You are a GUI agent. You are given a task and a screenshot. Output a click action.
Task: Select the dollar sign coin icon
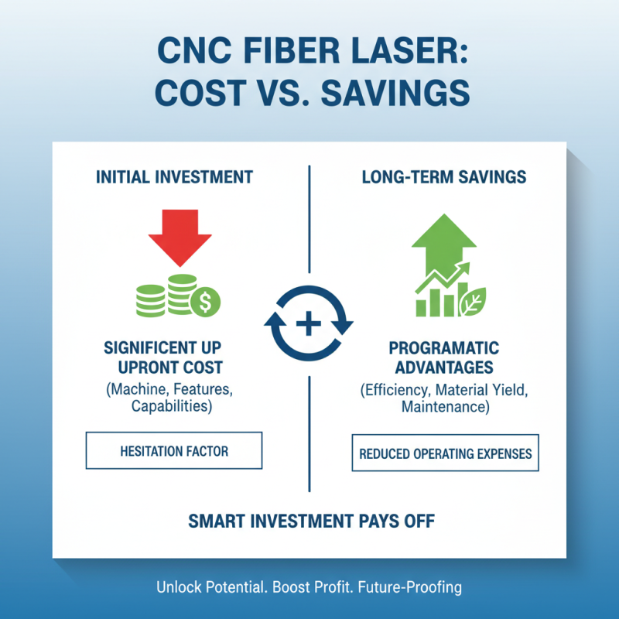(207, 302)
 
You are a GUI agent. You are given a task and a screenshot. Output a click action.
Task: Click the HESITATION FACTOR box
(174, 450)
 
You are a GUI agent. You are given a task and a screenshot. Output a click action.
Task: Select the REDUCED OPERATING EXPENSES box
(446, 453)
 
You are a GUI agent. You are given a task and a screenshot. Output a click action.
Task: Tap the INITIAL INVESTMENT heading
(174, 177)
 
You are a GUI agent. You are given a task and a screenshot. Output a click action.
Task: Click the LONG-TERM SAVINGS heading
(444, 177)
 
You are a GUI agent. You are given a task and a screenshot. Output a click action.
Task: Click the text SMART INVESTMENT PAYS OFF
(311, 521)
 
